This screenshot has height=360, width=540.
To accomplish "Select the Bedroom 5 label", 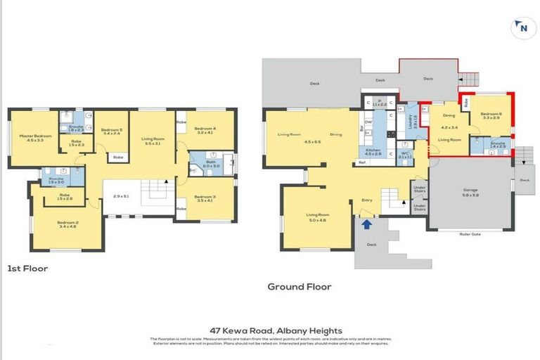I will pyautogui.click(x=111, y=130).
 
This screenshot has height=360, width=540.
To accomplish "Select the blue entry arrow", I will pyautogui.click(x=366, y=224).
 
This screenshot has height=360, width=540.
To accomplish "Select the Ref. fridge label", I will pyautogui.click(x=362, y=163).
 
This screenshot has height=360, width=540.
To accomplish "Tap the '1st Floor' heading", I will pyautogui.click(x=27, y=268).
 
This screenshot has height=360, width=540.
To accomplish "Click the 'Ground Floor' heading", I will pyautogui.click(x=299, y=286).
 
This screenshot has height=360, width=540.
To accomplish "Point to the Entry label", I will pyautogui.click(x=366, y=200).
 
